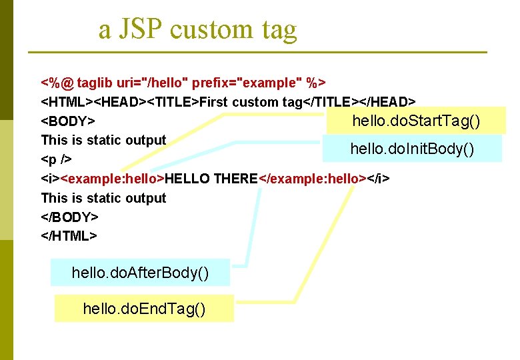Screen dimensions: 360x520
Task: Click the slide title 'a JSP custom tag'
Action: tap(197, 29)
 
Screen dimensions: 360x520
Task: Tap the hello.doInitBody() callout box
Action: tap(412, 148)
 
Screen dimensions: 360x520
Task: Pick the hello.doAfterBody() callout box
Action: tap(140, 272)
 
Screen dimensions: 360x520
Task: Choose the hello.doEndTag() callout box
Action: tap(143, 308)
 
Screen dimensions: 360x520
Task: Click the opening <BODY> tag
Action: tap(67, 121)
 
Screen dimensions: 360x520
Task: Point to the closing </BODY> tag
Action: tap(70, 217)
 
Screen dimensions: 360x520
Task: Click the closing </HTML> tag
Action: tap(69, 236)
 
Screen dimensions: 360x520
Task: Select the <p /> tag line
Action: tap(57, 160)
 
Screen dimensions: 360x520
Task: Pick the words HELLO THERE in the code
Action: tap(211, 179)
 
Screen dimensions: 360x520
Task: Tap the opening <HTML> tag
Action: tap(67, 102)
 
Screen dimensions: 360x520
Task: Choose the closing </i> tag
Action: tap(379, 179)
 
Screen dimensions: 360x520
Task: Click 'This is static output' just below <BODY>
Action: tap(103, 140)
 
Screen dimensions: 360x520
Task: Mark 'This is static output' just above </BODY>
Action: tap(103, 198)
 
